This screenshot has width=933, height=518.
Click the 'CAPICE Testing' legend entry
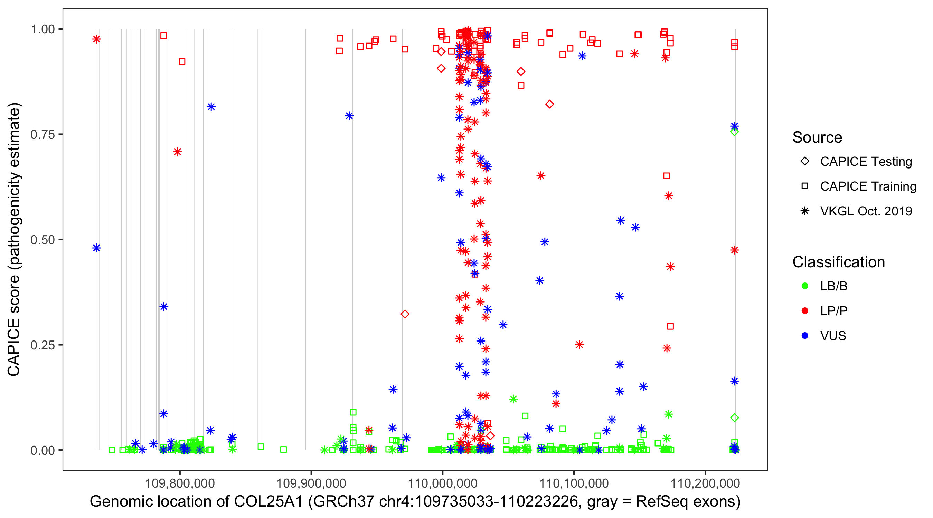866,162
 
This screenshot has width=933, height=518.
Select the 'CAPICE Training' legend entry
868,186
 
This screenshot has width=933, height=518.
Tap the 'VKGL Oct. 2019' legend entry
866,211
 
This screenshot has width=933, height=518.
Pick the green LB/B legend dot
805,286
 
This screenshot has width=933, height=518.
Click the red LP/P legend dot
805,311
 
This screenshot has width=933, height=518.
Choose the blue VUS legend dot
805,336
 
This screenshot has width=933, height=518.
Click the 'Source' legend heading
817,137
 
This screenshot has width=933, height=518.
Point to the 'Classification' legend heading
838,262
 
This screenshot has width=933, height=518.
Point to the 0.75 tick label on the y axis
43,135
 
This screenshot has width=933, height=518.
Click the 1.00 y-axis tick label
43,29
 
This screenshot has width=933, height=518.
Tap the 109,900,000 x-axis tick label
311,483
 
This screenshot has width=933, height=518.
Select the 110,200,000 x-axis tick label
705,483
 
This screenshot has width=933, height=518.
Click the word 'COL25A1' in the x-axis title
268,502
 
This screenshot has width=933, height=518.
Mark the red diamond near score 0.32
405,314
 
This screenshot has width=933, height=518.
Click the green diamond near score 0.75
734,132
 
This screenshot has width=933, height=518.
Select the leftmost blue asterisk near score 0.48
96,248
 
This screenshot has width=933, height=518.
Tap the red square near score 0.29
670,326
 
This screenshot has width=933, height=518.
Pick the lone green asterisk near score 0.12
513,399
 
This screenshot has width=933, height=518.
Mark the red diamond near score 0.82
549,104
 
